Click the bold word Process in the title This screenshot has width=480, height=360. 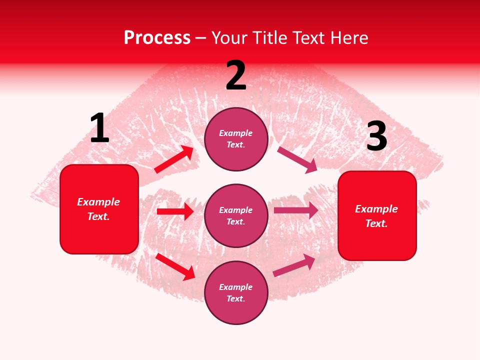pos(157,38)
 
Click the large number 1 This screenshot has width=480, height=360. pos(99,128)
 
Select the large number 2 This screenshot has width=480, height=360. pos(236,75)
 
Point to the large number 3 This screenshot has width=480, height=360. pos(376,136)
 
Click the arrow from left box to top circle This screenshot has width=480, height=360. pos(174,159)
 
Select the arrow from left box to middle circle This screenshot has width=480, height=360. pos(175,211)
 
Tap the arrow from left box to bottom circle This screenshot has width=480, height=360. pos(175,266)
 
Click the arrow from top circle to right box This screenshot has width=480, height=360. pos(297,159)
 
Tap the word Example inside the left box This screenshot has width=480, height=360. pos(98,202)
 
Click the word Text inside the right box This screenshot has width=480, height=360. pos(376,223)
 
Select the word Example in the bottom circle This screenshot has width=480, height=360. pos(236,287)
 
